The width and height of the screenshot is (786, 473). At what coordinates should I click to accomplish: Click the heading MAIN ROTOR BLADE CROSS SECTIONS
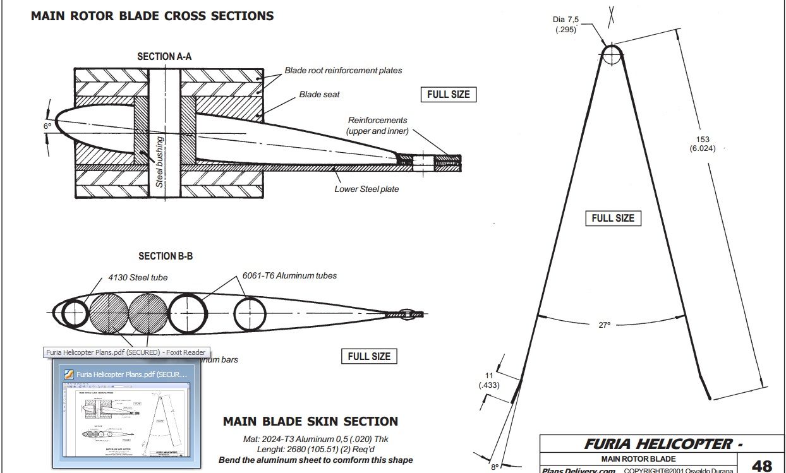[152, 16]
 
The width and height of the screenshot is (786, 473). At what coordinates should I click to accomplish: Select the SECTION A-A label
[164, 57]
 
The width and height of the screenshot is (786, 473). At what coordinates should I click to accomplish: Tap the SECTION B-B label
[166, 256]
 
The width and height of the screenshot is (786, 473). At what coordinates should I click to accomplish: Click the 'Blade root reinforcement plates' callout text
[343, 71]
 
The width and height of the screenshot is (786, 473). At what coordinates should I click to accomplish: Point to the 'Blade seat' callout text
[319, 95]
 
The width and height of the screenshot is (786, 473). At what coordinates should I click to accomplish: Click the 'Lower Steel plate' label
[366, 189]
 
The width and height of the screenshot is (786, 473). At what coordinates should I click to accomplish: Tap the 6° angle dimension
[47, 126]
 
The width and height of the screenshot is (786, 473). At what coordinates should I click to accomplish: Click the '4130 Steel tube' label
[138, 277]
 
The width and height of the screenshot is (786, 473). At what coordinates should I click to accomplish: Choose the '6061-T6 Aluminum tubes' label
[289, 276]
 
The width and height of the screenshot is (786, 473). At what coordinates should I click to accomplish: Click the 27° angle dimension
[605, 325]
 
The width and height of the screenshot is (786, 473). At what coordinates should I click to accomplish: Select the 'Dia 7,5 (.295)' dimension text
[566, 24]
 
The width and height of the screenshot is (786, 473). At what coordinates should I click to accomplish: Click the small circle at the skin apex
[612, 55]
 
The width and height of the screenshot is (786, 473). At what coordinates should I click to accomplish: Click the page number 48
[762, 465]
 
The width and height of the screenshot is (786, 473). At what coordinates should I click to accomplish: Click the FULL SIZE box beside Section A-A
[449, 95]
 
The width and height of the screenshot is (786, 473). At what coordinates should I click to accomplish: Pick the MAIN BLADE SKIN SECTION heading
[311, 421]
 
